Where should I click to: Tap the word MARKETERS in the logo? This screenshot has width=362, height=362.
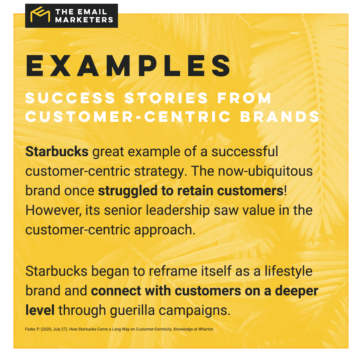coord(84,20)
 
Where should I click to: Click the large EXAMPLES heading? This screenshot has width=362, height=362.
coord(129,66)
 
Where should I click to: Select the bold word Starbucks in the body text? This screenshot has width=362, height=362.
coord(57,152)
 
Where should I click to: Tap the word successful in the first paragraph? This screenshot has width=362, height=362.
coord(245,152)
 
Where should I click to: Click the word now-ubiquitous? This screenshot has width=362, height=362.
coord(265,171)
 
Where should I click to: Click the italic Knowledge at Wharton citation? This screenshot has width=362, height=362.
coord(193,329)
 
